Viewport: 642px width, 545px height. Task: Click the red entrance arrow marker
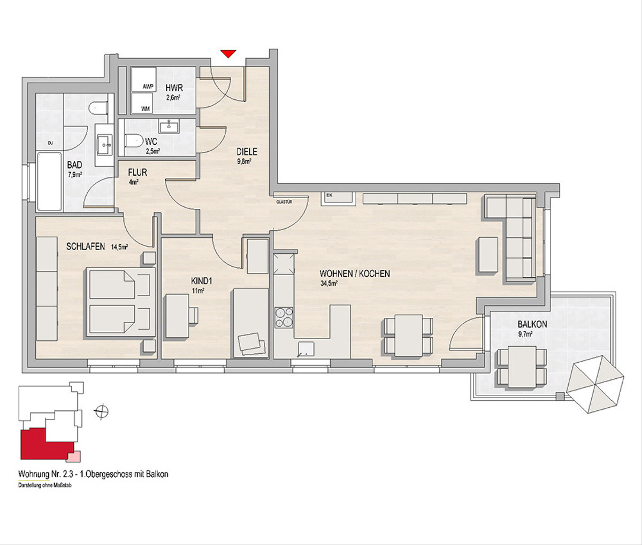[x=228, y=53]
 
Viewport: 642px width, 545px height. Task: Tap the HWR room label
[x=174, y=89]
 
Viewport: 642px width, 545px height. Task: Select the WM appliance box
[x=144, y=103]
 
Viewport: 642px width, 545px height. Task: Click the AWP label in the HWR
[x=148, y=87]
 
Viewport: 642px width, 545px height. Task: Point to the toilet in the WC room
[x=134, y=142]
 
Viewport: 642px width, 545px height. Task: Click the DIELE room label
[x=247, y=152]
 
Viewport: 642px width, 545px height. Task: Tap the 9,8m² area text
[x=244, y=161]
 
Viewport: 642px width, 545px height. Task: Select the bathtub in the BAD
[x=49, y=182]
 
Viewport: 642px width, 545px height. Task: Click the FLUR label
[x=137, y=173]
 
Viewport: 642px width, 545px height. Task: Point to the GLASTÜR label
[x=284, y=202]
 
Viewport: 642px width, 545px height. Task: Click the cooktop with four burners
[x=284, y=317]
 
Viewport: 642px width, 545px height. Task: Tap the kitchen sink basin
[x=306, y=349]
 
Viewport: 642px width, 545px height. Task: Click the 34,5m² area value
[x=329, y=283]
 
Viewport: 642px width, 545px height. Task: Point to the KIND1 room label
[x=201, y=282]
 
